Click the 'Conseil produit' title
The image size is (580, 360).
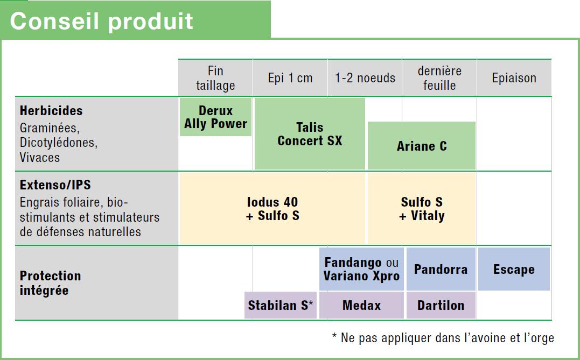(101, 20)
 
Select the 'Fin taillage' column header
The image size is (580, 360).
(215, 78)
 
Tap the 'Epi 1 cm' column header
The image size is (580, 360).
(290, 78)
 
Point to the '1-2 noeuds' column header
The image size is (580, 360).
(365, 78)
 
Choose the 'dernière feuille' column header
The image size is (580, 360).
(439, 78)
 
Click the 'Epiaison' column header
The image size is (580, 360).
(514, 78)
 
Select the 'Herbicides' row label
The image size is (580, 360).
(51, 110)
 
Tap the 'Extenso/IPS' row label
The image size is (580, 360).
(55, 185)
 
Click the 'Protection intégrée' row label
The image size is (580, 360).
(50, 283)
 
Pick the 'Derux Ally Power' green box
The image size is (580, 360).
(215, 117)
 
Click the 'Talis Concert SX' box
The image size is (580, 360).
(310, 134)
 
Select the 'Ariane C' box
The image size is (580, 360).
(422, 146)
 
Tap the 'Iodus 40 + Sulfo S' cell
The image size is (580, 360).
(272, 208)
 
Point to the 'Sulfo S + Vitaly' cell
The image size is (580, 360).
(422, 208)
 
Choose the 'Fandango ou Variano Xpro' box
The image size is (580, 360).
(361, 269)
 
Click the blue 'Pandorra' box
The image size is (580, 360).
(441, 269)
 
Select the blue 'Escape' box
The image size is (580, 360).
(514, 269)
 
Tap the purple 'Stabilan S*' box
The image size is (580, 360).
(281, 305)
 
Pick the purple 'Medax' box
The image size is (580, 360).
(361, 305)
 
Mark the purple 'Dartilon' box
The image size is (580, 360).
(441, 305)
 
